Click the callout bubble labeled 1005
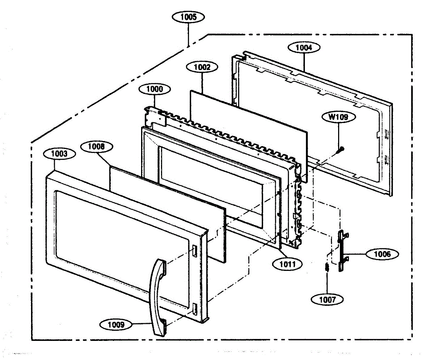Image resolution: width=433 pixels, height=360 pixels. pos(188,17)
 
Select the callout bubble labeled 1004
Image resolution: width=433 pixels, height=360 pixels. pos(304,48)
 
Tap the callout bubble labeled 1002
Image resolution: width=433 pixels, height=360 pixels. pos(202,67)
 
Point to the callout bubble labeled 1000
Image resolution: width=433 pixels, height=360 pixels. pos(155,89)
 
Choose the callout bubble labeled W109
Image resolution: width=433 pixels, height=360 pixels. pos(339,117)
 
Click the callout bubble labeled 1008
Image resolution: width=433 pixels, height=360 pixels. pos(96,146)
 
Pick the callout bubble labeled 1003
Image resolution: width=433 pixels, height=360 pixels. pos(59,154)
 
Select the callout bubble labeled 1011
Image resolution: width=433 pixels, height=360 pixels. pos(288,264)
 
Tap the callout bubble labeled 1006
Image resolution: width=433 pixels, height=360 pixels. pos(382,254)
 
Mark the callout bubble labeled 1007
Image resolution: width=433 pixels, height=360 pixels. pos(327,300)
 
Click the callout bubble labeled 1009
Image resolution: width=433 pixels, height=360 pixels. pos(116,325)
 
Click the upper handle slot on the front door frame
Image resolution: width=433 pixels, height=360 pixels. pos(194,251)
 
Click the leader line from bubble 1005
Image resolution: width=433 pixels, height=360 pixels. pos(188,34)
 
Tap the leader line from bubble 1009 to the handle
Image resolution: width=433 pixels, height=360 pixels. pos(141,324)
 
